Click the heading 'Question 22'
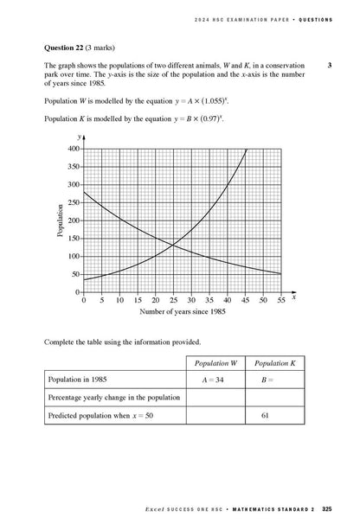[66, 47]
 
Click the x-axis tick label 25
[173, 301]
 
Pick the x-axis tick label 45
[245, 301]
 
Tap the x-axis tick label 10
[119, 301]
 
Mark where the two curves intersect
[174, 245]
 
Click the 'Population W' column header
[216, 363]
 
